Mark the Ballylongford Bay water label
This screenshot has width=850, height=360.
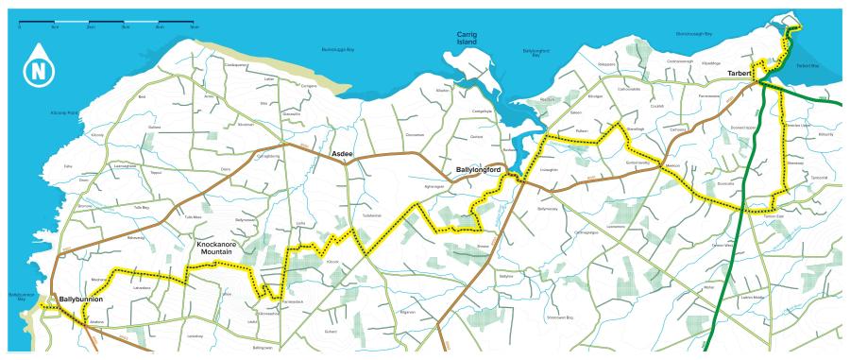[x=535, y=53]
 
